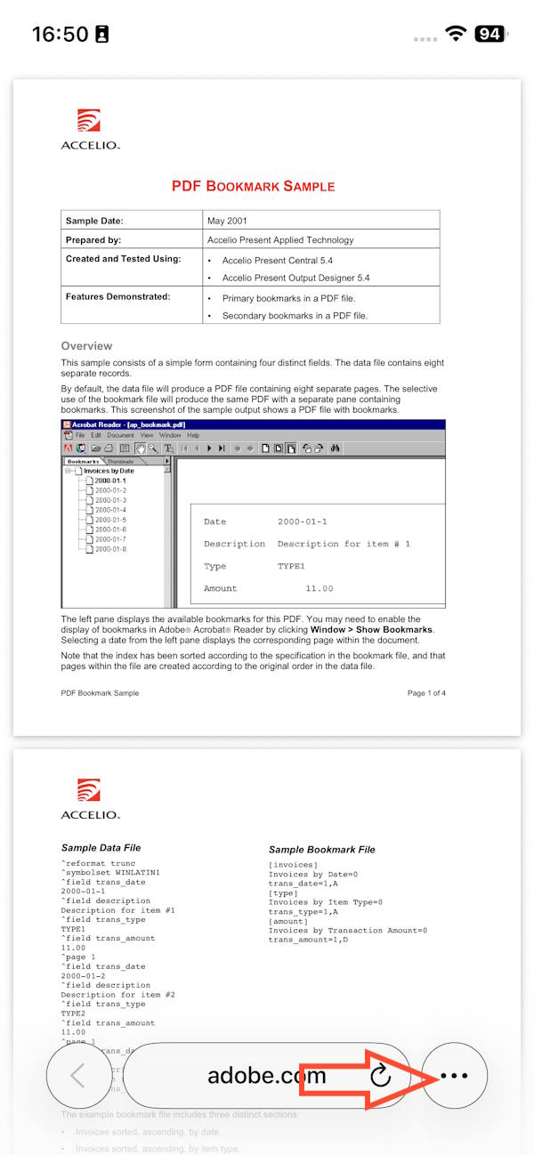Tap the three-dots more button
pyautogui.click(x=454, y=1076)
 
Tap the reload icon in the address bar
pyautogui.click(x=380, y=1076)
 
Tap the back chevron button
pyautogui.click(x=78, y=1076)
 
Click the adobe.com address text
pyautogui.click(x=266, y=1076)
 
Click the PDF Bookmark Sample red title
pyautogui.click(x=254, y=186)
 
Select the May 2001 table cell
pyautogui.click(x=227, y=221)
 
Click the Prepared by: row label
pyautogui.click(x=93, y=240)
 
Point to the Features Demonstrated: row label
pyautogui.click(x=117, y=296)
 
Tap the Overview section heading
pyautogui.click(x=86, y=346)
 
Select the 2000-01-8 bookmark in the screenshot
pyautogui.click(x=110, y=549)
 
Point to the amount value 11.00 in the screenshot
pyautogui.click(x=319, y=588)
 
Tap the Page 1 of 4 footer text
pyautogui.click(x=426, y=693)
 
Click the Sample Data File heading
pyautogui.click(x=101, y=848)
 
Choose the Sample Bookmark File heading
pyautogui.click(x=321, y=850)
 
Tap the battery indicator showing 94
pyautogui.click(x=490, y=34)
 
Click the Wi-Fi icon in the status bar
pyautogui.click(x=456, y=34)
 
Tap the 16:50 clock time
pyautogui.click(x=60, y=34)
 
